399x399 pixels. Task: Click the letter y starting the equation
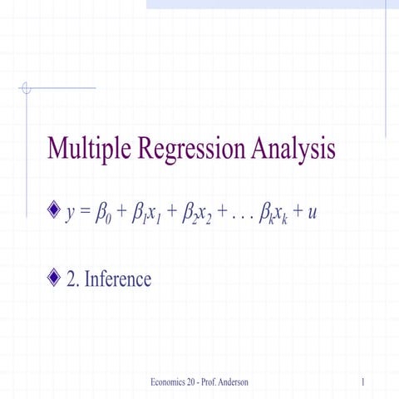click(x=71, y=215)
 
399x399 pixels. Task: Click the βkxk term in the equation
click(x=275, y=214)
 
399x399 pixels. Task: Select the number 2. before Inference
click(x=73, y=278)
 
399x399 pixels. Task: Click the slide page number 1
click(x=365, y=381)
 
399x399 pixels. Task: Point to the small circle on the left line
click(x=27, y=86)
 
